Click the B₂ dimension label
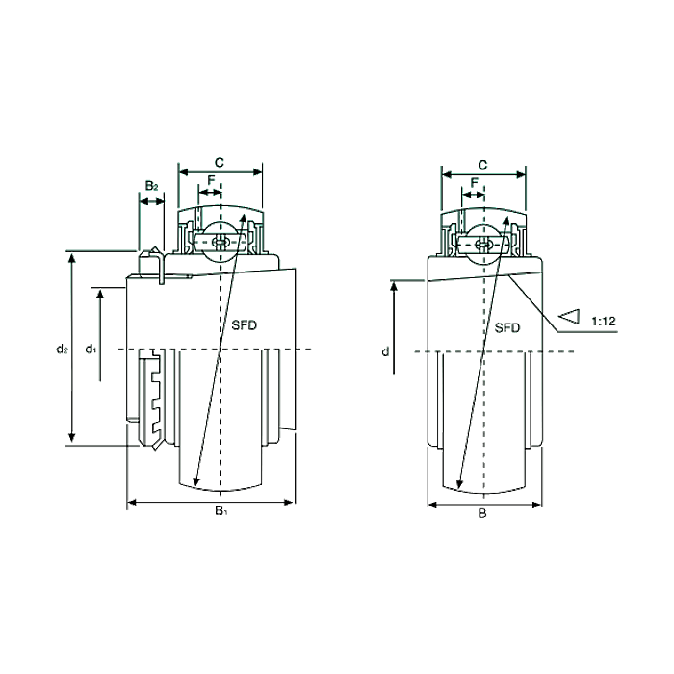(151, 185)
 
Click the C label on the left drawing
(220, 162)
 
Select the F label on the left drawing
(211, 180)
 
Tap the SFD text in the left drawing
(246, 324)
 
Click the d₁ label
(90, 348)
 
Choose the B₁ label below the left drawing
(220, 510)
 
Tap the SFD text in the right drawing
(507, 327)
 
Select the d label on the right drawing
(385, 352)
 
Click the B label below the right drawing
(482, 513)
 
